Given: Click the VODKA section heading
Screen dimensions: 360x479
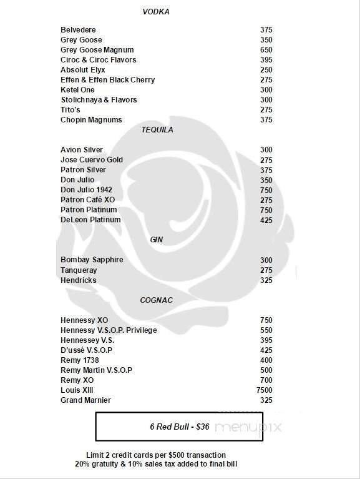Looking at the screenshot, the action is [x=155, y=12].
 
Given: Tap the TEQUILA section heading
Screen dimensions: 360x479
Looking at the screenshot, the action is [x=157, y=130].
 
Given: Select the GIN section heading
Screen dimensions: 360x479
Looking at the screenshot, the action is [x=157, y=239].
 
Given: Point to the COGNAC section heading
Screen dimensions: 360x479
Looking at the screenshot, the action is [x=156, y=300].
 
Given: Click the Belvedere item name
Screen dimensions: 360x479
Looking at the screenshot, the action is [x=78, y=30].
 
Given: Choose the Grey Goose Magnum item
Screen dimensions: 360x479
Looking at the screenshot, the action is [x=97, y=50].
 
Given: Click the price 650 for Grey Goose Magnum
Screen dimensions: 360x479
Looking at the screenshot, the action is [x=266, y=50].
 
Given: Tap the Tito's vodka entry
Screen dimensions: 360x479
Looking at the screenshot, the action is [x=70, y=110].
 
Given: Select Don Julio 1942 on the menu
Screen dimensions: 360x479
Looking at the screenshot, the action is [x=87, y=190].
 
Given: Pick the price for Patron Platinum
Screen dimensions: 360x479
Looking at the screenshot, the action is [x=266, y=210].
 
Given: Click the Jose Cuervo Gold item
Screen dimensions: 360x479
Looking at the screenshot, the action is [x=92, y=160].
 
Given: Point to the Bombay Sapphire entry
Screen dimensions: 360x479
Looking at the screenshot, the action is [x=92, y=260].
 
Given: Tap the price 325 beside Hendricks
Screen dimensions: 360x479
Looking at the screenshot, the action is [x=266, y=280].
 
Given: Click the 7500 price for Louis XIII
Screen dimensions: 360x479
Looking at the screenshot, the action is [x=265, y=390].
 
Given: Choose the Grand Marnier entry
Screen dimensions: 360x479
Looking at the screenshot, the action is [x=85, y=400].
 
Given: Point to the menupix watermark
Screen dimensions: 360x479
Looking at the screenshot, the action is [x=249, y=428].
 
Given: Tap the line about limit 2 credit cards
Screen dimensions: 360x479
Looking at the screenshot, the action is [x=155, y=455].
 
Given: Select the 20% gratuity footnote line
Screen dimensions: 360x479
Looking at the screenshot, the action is [x=155, y=464].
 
